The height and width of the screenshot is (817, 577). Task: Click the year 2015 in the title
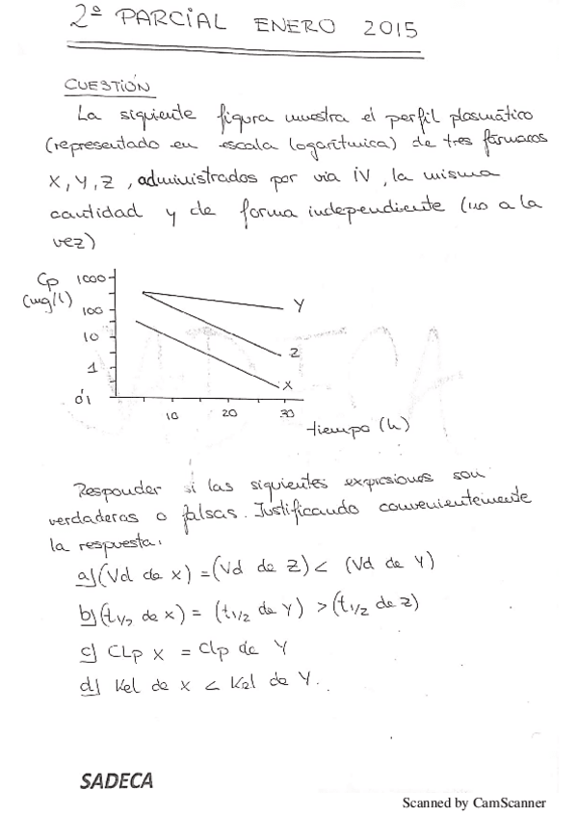pyautogui.click(x=391, y=30)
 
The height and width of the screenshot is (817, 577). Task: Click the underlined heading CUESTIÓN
pyautogui.click(x=107, y=86)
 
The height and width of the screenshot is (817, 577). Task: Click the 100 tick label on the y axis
pyautogui.click(x=93, y=310)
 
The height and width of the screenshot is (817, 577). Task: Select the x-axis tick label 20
pyautogui.click(x=229, y=411)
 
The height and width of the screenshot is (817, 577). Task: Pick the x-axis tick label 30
pyautogui.click(x=286, y=411)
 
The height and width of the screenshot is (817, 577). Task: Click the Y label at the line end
pyautogui.click(x=299, y=306)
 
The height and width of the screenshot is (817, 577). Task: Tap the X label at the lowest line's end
pyautogui.click(x=287, y=384)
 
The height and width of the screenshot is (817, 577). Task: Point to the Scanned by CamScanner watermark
pyautogui.click(x=474, y=802)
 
